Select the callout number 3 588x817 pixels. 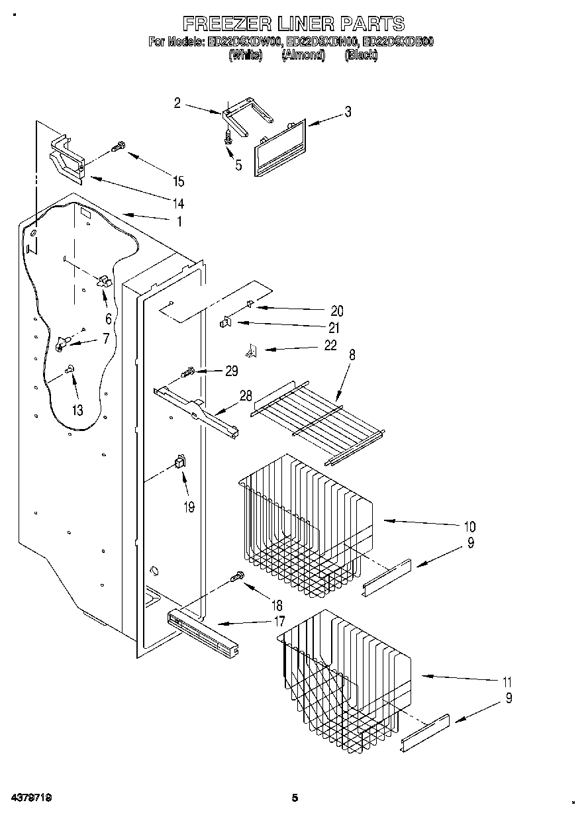(348, 112)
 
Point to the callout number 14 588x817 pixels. (177, 203)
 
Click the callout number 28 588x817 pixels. (246, 396)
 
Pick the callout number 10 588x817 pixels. (469, 527)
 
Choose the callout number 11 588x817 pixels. (507, 682)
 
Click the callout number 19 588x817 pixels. (189, 507)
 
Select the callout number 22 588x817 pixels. (330, 345)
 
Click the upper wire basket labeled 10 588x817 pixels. (305, 523)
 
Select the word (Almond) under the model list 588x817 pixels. (303, 56)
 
